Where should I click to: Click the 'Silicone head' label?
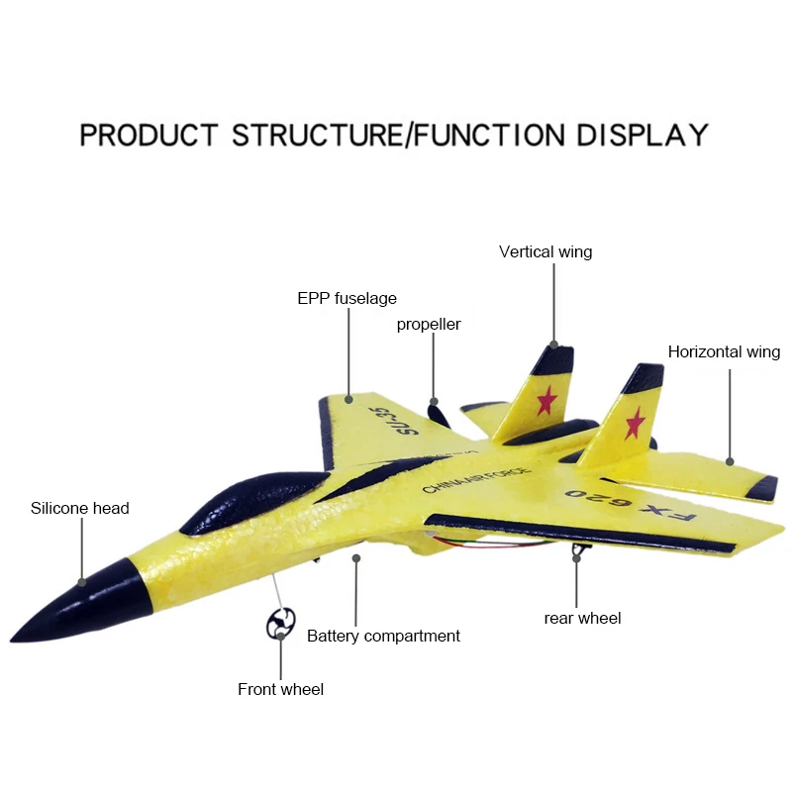pos(79,508)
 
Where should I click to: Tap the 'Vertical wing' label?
pos(545,251)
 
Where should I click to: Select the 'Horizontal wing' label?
pos(724,351)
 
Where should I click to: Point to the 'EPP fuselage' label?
pos(346,298)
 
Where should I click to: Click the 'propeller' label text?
pos(429,324)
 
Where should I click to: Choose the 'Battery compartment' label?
pos(383,636)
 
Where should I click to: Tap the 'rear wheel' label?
pos(582,618)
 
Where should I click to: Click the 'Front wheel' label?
pos(280,689)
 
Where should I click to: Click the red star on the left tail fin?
pos(545,400)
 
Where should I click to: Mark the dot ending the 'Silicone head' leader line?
pos(82,582)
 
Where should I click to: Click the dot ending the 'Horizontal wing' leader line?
pos(730,460)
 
